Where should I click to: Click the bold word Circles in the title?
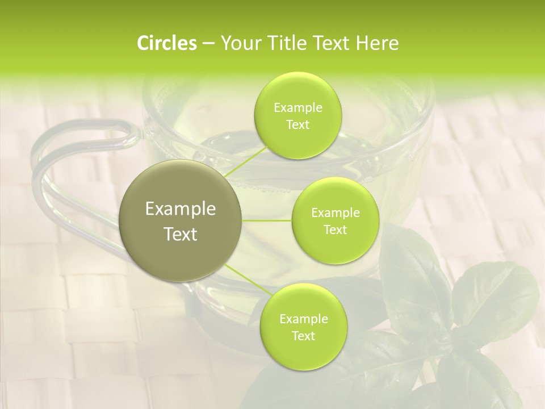click(166, 43)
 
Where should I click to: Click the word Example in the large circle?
click(181, 209)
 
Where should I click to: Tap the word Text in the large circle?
click(181, 233)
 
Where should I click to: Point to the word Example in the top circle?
click(298, 108)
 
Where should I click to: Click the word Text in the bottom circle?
click(303, 336)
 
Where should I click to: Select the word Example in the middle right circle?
click(336, 213)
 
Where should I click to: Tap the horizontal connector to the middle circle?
click(267, 220)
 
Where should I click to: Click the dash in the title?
click(208, 43)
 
